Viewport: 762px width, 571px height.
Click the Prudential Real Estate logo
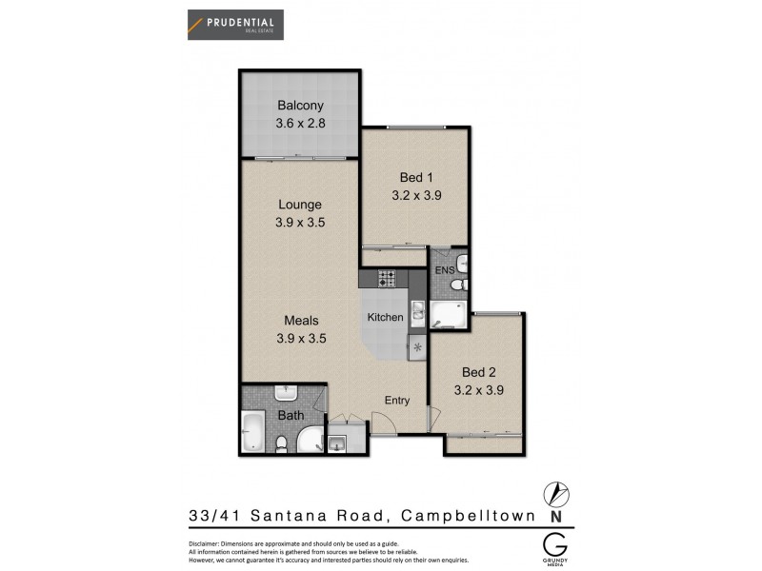click(234, 23)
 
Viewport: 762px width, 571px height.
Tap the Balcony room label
click(300, 106)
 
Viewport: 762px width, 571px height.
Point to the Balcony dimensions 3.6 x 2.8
click(300, 123)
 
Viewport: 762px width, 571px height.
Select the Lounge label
click(300, 204)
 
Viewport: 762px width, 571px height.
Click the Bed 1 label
click(416, 177)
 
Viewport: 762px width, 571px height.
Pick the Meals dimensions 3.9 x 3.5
click(300, 338)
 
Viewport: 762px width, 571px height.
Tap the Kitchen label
click(386, 317)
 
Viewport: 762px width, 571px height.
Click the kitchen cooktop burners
click(387, 279)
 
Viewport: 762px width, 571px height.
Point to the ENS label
click(444, 271)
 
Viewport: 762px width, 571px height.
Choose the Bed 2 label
click(479, 371)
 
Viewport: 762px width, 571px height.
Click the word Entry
click(396, 401)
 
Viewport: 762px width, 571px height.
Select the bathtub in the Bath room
click(253, 433)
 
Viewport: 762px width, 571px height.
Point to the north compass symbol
click(556, 495)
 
